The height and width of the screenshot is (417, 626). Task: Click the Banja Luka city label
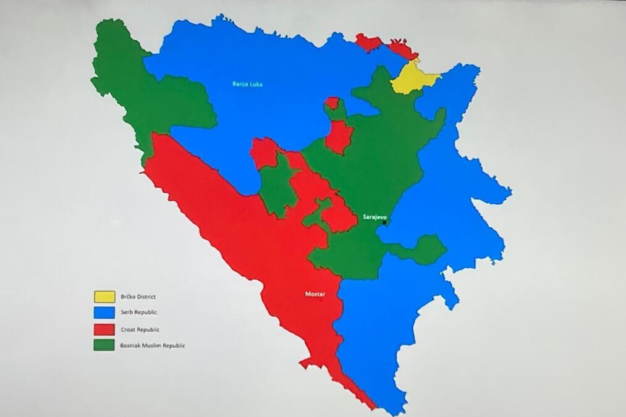click(x=247, y=84)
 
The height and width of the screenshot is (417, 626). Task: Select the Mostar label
click(x=315, y=294)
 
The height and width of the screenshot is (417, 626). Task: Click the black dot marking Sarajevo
click(x=384, y=223)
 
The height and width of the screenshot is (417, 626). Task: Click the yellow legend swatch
click(x=104, y=297)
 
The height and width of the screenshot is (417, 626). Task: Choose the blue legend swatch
click(x=104, y=313)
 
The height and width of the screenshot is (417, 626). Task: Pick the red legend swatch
click(x=104, y=329)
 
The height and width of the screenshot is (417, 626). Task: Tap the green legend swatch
click(x=104, y=345)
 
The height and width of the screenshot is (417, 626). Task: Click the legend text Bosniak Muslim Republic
click(x=153, y=346)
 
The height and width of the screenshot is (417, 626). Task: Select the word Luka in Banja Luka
click(x=255, y=84)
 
